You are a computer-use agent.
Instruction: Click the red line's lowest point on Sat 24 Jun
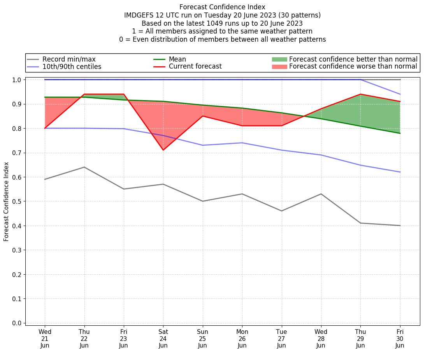[x=163, y=150]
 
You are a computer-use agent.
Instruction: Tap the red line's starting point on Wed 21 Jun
[x=45, y=128]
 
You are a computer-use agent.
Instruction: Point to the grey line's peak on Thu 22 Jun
[x=84, y=167]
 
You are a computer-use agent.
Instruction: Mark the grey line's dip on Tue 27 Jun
[x=281, y=211]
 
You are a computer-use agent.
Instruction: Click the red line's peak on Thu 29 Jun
[x=360, y=94]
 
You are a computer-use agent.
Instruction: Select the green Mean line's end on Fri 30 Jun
[x=400, y=133]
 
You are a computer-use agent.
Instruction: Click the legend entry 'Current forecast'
[x=195, y=67]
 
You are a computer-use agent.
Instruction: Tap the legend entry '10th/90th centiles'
[x=72, y=67]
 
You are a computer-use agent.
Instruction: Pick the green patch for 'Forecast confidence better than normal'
[x=279, y=59]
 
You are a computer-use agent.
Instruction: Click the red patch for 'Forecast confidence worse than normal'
[x=279, y=67]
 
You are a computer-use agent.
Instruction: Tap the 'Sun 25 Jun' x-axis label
[x=202, y=338]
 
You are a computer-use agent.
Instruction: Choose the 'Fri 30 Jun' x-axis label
[x=400, y=338]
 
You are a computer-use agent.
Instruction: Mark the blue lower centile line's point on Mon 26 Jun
[x=242, y=143]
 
